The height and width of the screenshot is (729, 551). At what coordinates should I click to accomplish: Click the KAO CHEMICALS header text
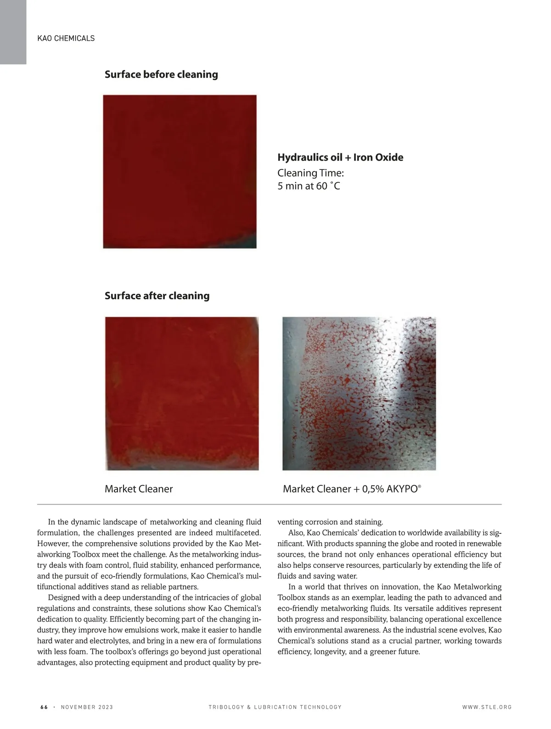66,38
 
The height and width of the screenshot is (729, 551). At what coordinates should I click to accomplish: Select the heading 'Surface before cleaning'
161,74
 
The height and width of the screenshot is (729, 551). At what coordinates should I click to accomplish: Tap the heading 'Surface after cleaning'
157,296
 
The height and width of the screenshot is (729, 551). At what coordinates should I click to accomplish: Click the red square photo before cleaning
180,171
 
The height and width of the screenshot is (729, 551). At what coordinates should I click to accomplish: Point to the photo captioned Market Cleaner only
182,393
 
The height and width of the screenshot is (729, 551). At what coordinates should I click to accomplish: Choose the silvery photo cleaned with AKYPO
359,393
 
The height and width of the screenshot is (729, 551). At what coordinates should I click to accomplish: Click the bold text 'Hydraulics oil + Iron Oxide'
340,157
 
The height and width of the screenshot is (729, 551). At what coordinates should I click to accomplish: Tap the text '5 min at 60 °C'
309,186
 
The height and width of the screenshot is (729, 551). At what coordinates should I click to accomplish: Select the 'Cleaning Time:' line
310,173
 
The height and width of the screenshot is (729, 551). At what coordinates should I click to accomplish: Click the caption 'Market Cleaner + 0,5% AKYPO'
351,489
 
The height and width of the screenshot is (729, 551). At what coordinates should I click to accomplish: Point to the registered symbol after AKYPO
419,486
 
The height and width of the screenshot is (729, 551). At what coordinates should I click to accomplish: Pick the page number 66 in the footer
44,707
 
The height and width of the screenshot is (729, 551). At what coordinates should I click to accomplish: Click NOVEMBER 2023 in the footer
87,707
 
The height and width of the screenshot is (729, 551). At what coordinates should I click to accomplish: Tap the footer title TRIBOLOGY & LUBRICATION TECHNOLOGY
275,707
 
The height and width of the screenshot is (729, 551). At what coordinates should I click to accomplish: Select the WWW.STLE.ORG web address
487,707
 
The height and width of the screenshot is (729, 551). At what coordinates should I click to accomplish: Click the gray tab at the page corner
13,32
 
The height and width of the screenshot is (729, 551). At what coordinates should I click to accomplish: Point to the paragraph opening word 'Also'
296,533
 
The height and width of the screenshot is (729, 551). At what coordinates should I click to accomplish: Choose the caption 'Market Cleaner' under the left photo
139,489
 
